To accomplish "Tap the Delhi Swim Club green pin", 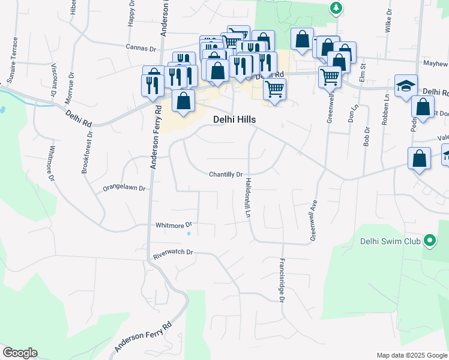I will coord(429,241).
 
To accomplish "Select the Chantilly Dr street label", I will coord(226,175).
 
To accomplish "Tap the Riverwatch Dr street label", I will coord(173,253).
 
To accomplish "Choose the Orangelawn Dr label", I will coord(124,188).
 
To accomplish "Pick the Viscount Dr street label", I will coord(53,80).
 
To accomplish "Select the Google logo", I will coord(20,353).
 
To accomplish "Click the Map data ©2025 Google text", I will coord(411,355).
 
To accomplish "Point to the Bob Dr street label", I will coord(366,137).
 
